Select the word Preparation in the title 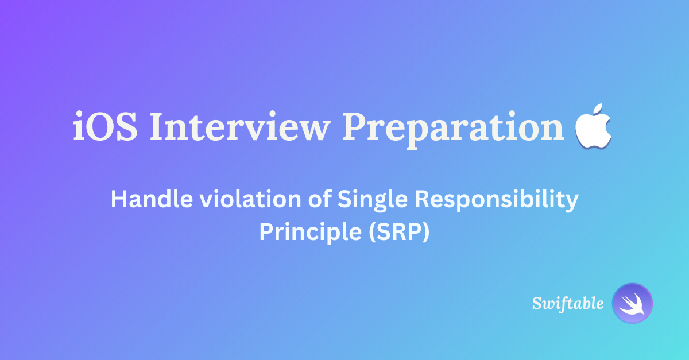(454, 127)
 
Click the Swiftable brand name (568, 303)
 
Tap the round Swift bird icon (633, 303)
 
